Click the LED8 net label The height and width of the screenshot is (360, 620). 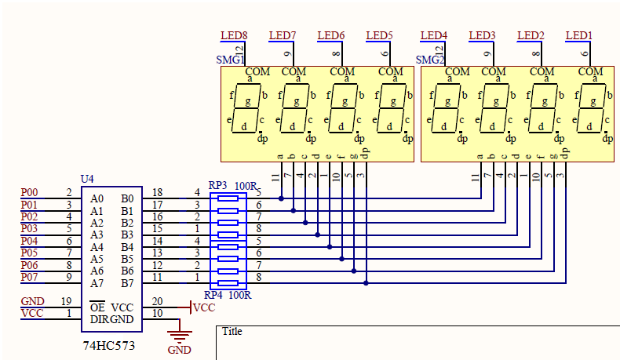click(234, 35)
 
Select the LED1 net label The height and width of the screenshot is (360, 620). click(579, 35)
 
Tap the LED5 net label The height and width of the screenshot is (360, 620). click(379, 35)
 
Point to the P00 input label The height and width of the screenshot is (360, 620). click(29, 192)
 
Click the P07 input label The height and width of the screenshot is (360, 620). click(29, 277)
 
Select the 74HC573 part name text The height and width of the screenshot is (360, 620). click(109, 346)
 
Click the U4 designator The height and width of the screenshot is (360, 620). click(87, 179)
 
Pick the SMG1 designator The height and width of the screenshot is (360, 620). click(230, 60)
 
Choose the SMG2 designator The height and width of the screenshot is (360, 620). click(430, 60)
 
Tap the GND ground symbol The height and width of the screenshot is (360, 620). click(180, 335)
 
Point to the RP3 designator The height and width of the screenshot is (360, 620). click(217, 185)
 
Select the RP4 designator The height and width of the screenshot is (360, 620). click(213, 295)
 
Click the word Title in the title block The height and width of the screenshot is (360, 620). click(232, 331)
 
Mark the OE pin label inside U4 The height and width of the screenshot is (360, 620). click(97, 307)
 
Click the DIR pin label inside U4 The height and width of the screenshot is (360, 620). click(99, 319)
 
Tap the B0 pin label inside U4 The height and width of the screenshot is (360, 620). click(127, 198)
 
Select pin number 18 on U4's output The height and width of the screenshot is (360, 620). click(158, 192)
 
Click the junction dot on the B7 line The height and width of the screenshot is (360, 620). click(367, 283)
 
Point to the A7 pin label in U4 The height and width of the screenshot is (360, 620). click(97, 283)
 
